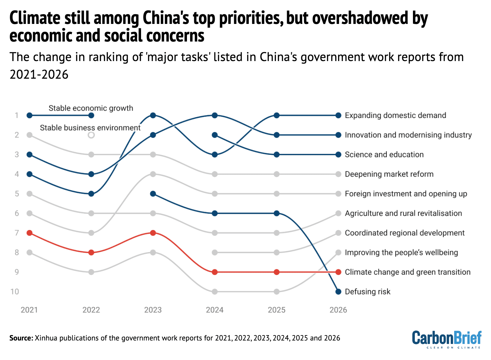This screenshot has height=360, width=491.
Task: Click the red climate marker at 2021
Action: pyautogui.click(x=30, y=233)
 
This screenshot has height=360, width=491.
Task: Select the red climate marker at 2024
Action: pyautogui.click(x=215, y=272)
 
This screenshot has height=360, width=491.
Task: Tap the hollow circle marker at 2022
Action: pyautogui.click(x=91, y=135)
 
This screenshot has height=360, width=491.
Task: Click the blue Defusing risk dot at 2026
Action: pyautogui.click(x=338, y=292)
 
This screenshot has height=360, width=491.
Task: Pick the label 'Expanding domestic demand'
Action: pyautogui.click(x=395, y=115)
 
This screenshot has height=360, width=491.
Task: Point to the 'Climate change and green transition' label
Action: pyautogui.click(x=408, y=272)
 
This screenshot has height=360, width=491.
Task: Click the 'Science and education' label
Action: pyautogui.click(x=384, y=155)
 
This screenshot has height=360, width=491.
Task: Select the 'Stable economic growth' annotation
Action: pyautogui.click(x=91, y=108)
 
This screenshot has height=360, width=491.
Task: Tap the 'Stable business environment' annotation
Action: pyautogui.click(x=90, y=128)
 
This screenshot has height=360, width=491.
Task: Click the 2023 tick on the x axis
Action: pyautogui.click(x=153, y=310)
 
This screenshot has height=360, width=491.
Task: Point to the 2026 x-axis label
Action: pyautogui.click(x=338, y=310)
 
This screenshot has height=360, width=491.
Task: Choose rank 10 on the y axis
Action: pyautogui.click(x=15, y=292)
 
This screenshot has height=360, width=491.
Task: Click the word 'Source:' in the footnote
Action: pyautogui.click(x=21, y=338)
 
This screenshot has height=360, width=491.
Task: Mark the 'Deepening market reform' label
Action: pyautogui.click(x=389, y=174)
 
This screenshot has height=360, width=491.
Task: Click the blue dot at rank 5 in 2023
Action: pyautogui.click(x=153, y=194)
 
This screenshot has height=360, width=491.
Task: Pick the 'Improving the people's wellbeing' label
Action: pyautogui.click(x=401, y=252)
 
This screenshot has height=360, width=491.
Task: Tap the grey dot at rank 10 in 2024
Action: pyautogui.click(x=215, y=292)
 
